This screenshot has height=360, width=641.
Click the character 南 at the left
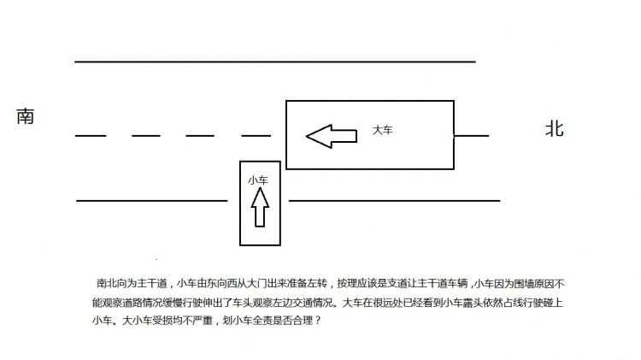25,116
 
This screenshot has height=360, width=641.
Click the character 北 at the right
555,128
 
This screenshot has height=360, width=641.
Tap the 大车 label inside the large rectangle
383,130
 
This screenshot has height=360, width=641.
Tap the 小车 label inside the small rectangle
258,180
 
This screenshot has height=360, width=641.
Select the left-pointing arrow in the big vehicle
332,136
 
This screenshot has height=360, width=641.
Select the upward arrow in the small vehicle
260,207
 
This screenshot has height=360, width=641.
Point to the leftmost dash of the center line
91,135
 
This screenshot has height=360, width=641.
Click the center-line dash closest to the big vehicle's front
256,135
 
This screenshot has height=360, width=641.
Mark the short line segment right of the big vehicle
472,135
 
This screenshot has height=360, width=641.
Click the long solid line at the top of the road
275,62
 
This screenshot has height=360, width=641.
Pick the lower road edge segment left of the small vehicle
151,201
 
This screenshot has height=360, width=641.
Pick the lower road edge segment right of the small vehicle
395,201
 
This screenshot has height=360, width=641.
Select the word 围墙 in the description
524,284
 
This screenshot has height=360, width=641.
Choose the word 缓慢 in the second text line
173,303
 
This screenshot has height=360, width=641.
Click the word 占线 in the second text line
514,303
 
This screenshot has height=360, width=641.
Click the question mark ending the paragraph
319,321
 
